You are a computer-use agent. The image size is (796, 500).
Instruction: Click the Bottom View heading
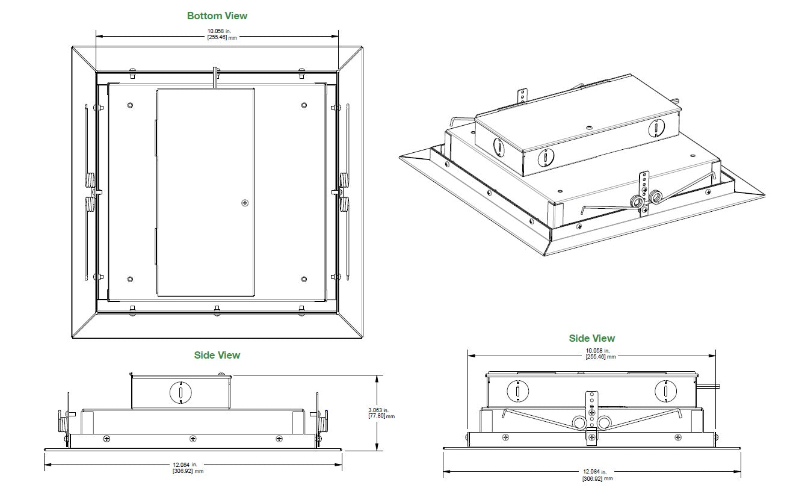point(217,16)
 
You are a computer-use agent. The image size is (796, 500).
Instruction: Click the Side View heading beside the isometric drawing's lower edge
point(591,339)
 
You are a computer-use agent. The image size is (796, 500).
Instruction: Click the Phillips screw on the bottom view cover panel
point(245,203)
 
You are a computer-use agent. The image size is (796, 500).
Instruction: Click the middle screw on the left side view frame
point(193,439)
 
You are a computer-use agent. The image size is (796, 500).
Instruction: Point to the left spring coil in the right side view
point(580,422)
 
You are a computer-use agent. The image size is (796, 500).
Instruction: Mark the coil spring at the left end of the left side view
point(62,423)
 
